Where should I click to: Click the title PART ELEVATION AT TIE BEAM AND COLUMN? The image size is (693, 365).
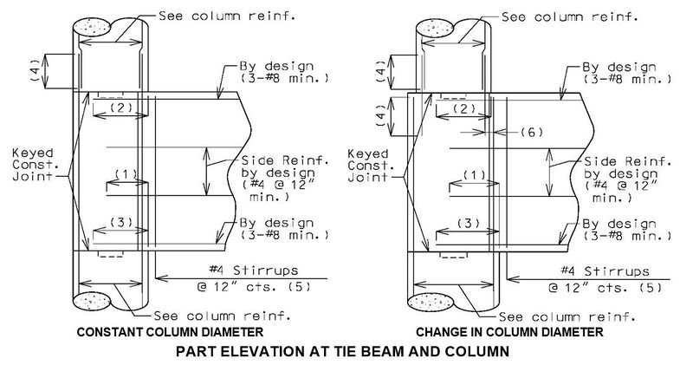[x=342, y=351]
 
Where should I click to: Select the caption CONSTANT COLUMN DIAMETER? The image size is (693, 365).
[x=170, y=332]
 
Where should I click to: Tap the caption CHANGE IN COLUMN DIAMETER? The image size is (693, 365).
[x=509, y=332]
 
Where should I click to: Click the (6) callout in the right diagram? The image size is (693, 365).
[x=530, y=132]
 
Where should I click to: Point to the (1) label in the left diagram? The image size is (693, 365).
[x=126, y=174]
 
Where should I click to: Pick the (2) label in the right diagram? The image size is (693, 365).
[x=464, y=108]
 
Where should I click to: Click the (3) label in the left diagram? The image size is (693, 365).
[x=120, y=222]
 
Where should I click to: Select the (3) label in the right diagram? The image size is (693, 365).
[x=468, y=223]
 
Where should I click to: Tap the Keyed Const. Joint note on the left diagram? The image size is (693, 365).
[x=33, y=165]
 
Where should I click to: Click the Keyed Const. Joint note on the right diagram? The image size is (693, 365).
[x=367, y=166]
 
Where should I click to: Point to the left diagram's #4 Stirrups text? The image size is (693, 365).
[x=253, y=270]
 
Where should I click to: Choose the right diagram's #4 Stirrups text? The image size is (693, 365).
[x=605, y=270]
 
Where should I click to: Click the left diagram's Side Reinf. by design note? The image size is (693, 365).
[x=285, y=179]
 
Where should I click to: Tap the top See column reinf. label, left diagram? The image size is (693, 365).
[x=227, y=16]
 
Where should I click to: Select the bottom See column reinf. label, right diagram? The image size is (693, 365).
[x=567, y=316]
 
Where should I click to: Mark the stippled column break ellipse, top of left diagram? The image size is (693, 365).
[x=92, y=28]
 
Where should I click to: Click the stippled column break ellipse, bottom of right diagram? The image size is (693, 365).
[x=431, y=303]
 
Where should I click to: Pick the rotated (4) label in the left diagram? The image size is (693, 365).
[x=35, y=69]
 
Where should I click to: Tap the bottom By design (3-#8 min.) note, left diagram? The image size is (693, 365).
[x=284, y=228]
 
